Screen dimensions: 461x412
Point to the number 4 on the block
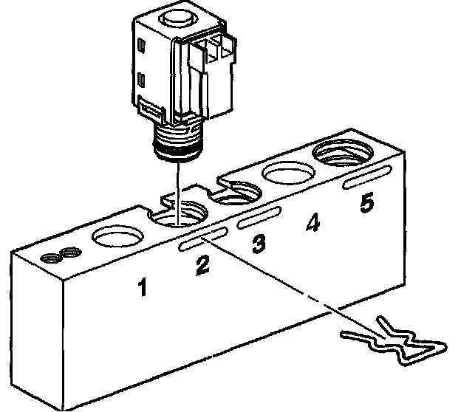click(x=313, y=223)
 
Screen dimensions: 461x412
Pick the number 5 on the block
click(x=366, y=202)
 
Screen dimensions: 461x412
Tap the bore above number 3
click(x=236, y=195)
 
